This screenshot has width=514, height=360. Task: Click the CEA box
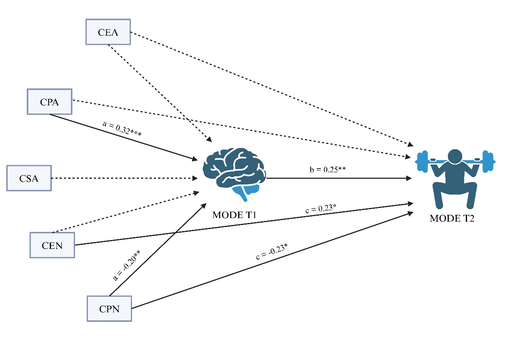[108, 32]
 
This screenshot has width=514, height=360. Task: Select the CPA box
[49, 101]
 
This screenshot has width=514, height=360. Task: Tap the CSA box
[29, 178]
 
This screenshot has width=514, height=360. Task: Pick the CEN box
[52, 245]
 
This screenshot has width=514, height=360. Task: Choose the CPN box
[109, 309]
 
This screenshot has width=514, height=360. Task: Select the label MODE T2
[452, 219]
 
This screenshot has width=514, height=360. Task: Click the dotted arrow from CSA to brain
[122, 178]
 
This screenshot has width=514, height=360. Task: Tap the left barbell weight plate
[422, 161]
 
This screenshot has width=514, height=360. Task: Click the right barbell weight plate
[488, 161]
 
